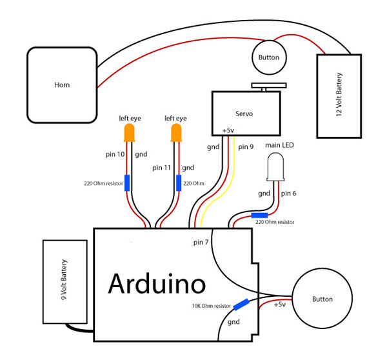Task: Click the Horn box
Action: (61, 85)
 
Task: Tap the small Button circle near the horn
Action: (268, 57)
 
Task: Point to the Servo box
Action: (246, 113)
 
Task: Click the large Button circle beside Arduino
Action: (322, 299)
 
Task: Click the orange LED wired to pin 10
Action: (128, 134)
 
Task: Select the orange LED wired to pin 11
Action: (175, 134)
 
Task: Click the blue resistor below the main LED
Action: (259, 216)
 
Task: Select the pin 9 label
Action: (246, 146)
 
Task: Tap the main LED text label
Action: (280, 145)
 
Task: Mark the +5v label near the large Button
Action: (280, 304)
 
